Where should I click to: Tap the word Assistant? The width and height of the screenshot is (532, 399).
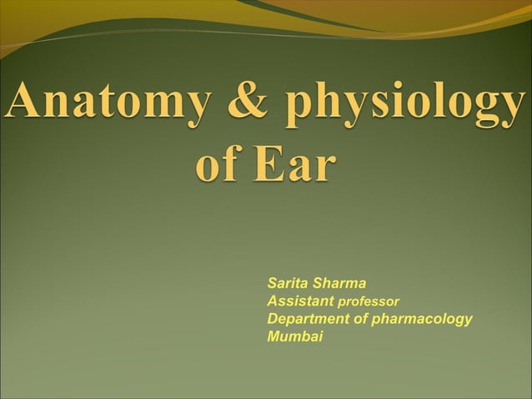tap(300, 301)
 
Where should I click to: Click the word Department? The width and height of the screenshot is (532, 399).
tap(308, 319)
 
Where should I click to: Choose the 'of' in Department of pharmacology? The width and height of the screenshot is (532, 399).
tap(361, 319)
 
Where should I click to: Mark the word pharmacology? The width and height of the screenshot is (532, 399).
tap(422, 320)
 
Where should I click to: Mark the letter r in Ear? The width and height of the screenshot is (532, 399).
tap(322, 168)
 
